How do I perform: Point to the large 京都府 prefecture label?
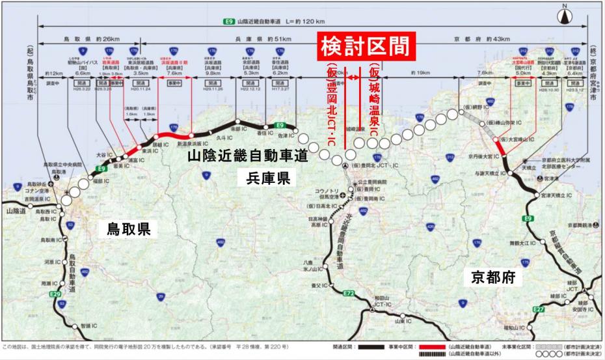coord(494,276)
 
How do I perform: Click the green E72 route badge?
coord(349,294)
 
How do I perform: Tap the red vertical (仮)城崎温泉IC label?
coord(373,98)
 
